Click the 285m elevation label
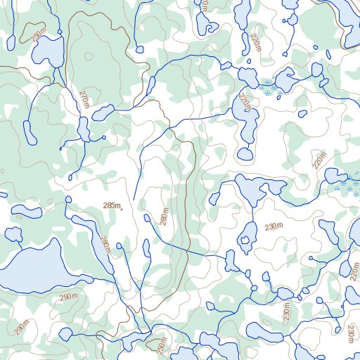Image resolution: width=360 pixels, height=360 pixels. pos(110,205)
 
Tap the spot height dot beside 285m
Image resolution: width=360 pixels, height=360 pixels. pos(122,208)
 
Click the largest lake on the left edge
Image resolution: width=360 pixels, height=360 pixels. pos(32,266)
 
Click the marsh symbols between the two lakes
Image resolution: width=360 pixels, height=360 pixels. pos(266,86)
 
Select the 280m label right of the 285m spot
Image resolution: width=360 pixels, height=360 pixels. pos(165,217)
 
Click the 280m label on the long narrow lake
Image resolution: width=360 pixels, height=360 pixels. pos(105,245)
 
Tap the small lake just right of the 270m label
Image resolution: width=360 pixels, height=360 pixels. pos(103,112)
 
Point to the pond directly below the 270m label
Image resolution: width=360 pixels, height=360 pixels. pos(84,129)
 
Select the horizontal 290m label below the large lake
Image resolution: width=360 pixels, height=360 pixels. pos(69,297)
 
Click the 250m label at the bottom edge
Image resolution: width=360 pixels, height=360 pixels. pos(162,348)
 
